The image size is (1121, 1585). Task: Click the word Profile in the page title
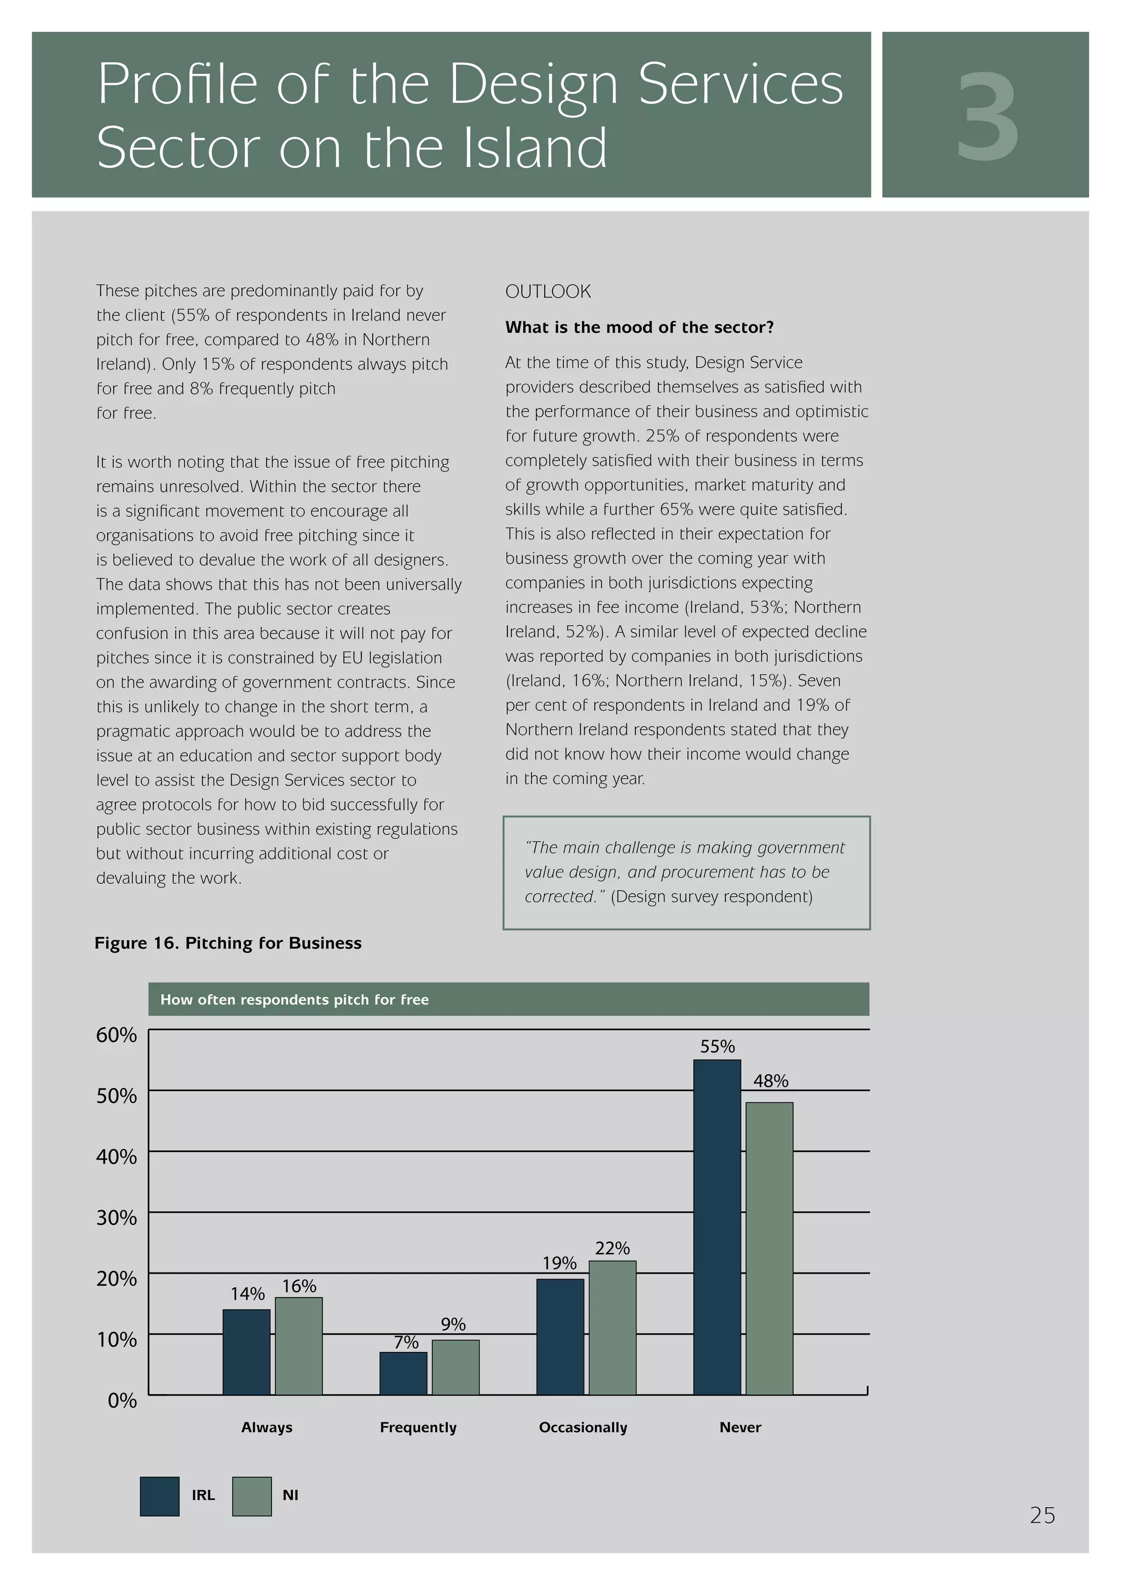pos(177,84)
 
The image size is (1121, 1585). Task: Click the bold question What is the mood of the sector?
pos(639,327)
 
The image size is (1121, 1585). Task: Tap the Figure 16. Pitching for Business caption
pos(228,943)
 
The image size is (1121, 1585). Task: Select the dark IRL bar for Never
pos(716,1229)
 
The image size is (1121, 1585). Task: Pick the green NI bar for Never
pos(769,1250)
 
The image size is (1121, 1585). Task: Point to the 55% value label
pos(717,1046)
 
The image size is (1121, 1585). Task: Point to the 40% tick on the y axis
pos(117,1157)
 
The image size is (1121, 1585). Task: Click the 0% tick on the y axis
pos(122,1401)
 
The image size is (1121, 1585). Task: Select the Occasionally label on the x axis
pos(582,1427)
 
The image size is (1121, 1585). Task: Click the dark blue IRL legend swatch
pos(159,1497)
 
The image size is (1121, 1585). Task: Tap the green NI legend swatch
pos(251,1497)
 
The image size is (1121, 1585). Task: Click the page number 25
pos(1042,1515)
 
